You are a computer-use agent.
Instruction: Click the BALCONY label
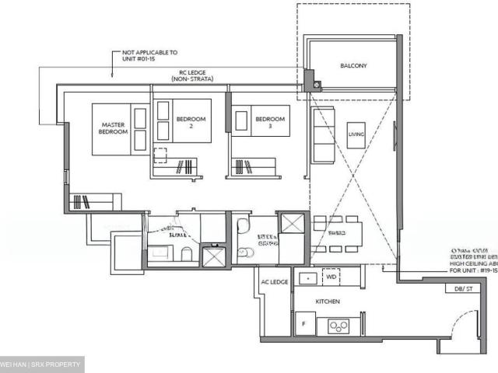tap(352, 66)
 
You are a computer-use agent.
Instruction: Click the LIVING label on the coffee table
tap(356, 134)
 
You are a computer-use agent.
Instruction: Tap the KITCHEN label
tap(328, 301)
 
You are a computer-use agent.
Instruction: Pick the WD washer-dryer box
tap(330, 277)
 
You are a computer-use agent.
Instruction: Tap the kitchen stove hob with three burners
tap(339, 326)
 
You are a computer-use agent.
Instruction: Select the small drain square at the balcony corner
tap(310, 78)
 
